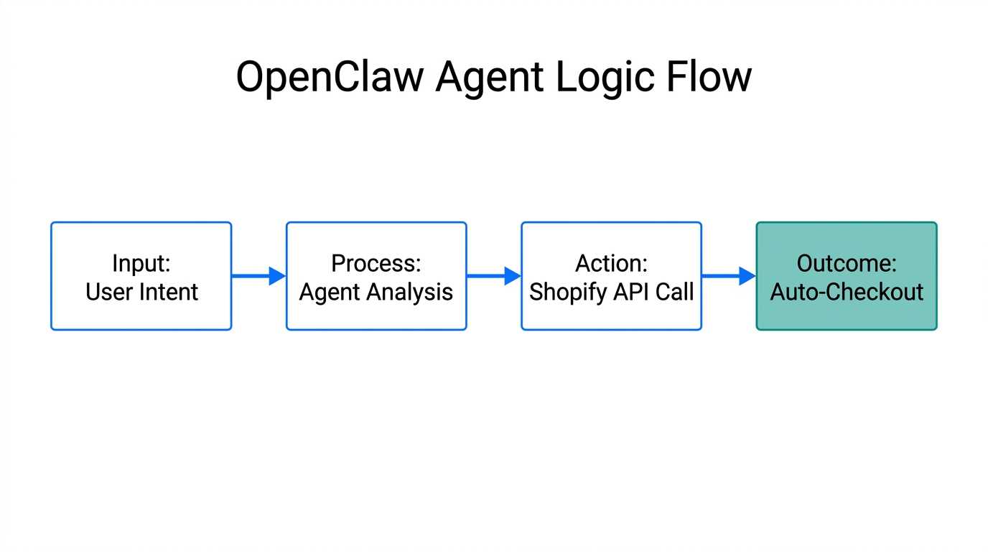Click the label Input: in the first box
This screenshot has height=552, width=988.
[141, 263]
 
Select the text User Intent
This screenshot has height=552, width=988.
[141, 292]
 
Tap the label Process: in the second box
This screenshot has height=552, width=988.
[376, 263]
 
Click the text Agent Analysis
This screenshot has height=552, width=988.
[376, 292]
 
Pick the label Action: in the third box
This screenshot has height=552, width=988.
[611, 263]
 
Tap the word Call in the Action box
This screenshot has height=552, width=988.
[674, 292]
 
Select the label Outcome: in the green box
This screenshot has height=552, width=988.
[847, 263]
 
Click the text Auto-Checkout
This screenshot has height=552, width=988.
[847, 292]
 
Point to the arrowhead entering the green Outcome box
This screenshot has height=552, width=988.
[747, 276]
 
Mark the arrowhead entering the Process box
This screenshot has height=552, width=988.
[277, 276]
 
